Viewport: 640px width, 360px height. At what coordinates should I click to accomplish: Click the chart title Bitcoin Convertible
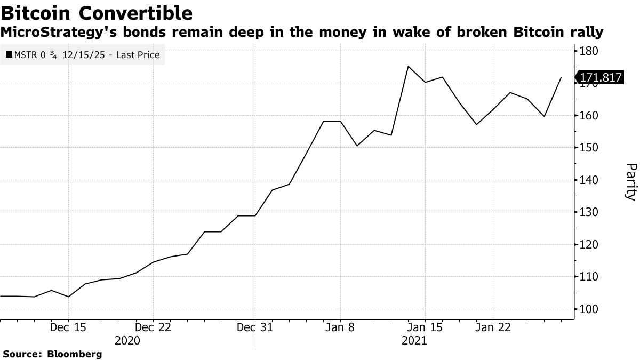(97, 12)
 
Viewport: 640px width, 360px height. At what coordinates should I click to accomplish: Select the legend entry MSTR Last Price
(83, 55)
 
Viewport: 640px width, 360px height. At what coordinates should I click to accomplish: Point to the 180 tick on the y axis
(589, 51)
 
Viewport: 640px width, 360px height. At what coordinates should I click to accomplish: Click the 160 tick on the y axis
(589, 116)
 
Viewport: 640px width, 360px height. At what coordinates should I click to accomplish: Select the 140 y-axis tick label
(589, 180)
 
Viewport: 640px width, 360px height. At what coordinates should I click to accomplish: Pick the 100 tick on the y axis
(589, 309)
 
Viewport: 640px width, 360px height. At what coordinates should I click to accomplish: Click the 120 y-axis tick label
(589, 245)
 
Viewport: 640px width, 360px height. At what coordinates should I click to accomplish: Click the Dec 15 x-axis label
(68, 327)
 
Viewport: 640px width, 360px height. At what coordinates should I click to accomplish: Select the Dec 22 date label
(153, 327)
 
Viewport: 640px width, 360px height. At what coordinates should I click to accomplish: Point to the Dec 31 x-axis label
(255, 327)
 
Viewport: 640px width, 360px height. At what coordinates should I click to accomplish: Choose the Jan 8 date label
(340, 327)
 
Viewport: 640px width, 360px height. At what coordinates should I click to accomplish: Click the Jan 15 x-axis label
(425, 327)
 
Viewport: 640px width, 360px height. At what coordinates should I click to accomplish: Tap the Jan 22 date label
(493, 327)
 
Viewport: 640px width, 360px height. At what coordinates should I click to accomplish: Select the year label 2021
(414, 340)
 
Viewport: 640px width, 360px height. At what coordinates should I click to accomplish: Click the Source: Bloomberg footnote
(52, 354)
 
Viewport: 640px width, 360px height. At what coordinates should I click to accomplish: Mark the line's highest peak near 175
(408, 67)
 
